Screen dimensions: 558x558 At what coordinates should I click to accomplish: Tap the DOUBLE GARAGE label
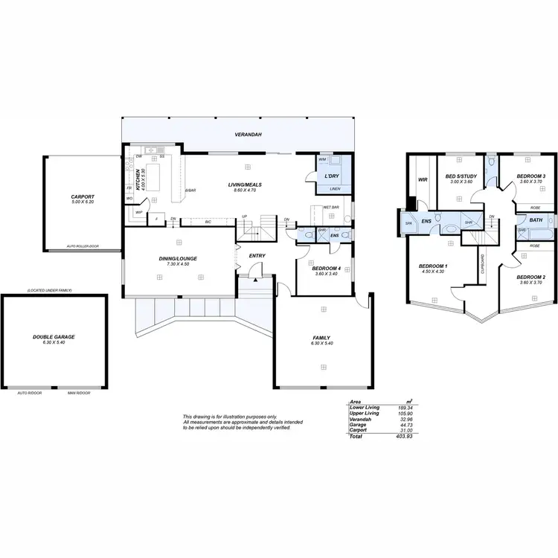[54, 336]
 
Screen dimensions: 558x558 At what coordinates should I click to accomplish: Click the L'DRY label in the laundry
[332, 176]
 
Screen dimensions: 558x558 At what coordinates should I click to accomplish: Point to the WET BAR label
[330, 208]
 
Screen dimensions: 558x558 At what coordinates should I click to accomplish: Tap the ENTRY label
[257, 256]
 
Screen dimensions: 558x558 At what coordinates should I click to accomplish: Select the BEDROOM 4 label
[325, 268]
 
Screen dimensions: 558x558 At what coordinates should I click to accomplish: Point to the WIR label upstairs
[423, 179]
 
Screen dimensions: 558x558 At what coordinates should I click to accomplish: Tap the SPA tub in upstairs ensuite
[408, 222]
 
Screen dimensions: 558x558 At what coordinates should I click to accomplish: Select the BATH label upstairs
[536, 220]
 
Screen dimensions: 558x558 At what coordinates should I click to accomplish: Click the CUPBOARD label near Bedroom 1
[483, 264]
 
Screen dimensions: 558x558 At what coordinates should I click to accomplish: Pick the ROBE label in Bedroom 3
[535, 208]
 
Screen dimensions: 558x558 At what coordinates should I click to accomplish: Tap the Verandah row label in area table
[361, 419]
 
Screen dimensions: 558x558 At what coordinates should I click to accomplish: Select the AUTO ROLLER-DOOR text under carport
[82, 246]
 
